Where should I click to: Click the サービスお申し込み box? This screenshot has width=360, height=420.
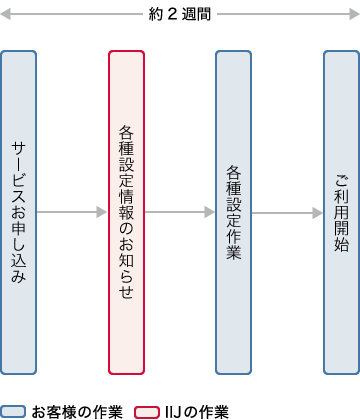(x=19, y=212)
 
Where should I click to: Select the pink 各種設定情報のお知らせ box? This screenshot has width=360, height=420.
(x=126, y=212)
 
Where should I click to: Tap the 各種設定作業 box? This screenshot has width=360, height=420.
(x=233, y=212)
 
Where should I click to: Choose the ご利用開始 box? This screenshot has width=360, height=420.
(x=341, y=212)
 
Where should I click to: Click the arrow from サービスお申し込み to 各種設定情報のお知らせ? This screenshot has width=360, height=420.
(x=72, y=212)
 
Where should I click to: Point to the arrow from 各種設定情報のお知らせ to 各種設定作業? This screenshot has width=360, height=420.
(x=180, y=212)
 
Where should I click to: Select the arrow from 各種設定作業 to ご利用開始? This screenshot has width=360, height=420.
(x=287, y=212)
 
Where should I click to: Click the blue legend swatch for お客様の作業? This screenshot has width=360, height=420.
(x=13, y=411)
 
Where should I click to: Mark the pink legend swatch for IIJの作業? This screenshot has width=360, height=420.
(x=148, y=411)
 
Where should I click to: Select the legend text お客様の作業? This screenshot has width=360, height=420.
(x=77, y=411)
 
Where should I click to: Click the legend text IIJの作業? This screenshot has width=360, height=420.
(x=198, y=411)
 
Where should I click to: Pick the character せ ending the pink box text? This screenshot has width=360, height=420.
(x=126, y=291)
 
